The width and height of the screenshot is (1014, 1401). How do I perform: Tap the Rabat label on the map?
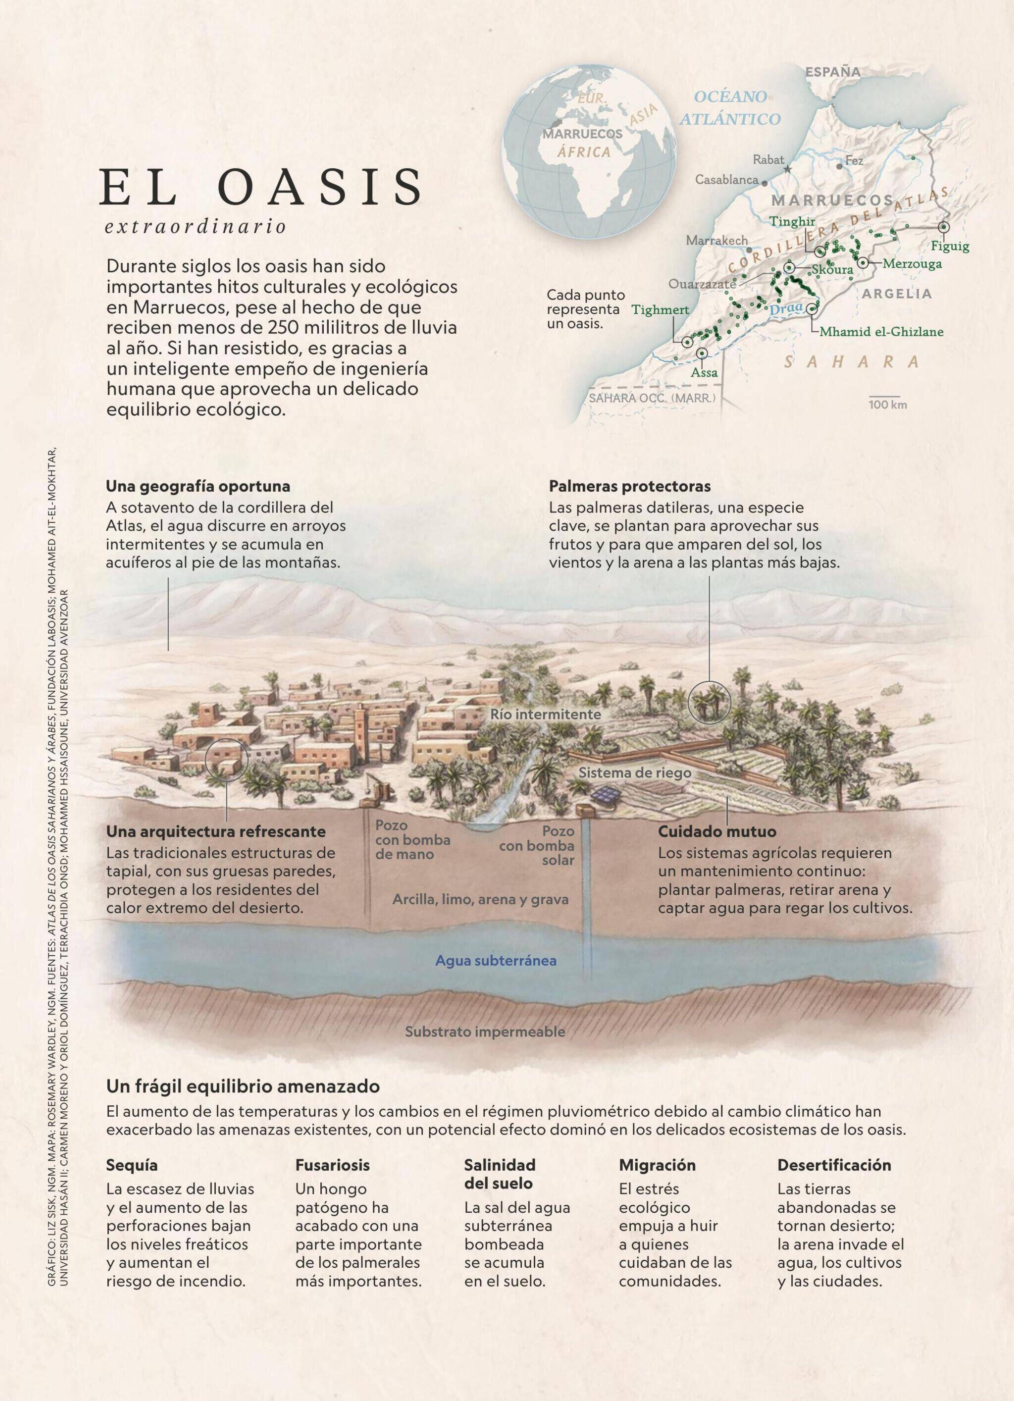click(x=768, y=160)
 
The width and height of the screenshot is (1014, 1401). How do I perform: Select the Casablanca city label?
click(x=726, y=180)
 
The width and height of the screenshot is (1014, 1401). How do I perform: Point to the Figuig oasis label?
click(x=950, y=247)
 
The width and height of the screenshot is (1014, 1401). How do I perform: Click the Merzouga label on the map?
click(x=912, y=264)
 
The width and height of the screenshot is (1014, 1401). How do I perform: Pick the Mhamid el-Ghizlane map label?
click(x=881, y=332)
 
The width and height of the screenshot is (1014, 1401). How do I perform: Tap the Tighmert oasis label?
click(x=659, y=310)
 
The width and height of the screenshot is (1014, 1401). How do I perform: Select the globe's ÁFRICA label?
click(x=584, y=152)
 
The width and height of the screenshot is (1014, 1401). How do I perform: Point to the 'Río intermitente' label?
click(x=545, y=714)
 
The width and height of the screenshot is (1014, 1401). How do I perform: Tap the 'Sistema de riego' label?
click(x=634, y=773)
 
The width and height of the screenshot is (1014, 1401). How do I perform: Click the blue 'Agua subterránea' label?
click(x=496, y=961)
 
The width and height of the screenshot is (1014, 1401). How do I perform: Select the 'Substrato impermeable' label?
click(x=485, y=1032)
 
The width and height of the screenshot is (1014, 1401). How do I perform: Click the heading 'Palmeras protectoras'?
click(x=629, y=486)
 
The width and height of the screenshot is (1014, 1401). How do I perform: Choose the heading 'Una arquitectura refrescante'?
click(x=215, y=831)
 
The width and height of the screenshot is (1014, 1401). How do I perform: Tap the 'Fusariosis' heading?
click(x=332, y=1165)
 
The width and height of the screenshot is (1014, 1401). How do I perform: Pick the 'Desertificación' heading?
click(x=834, y=1165)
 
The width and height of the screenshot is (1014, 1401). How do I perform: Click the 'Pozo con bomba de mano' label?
click(x=412, y=840)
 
